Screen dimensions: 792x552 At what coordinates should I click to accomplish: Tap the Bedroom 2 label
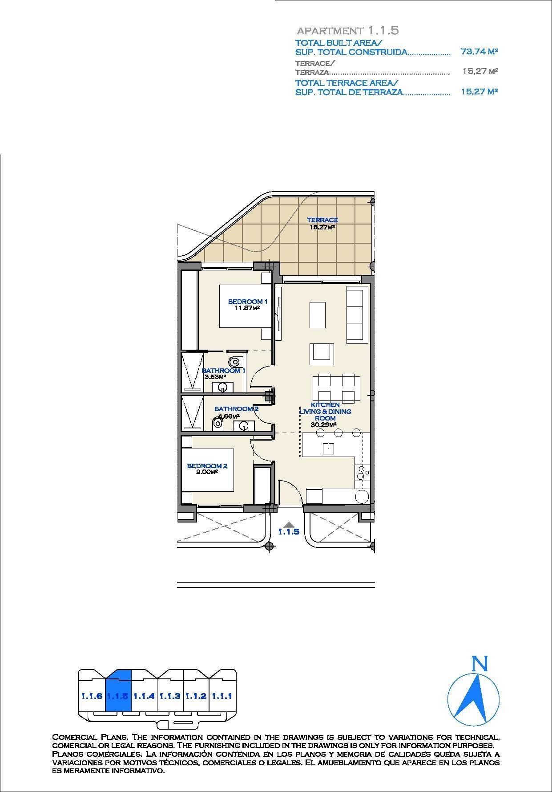(207, 466)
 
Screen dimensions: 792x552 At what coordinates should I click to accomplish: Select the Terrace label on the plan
(322, 220)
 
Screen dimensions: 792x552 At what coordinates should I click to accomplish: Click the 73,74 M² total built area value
(479, 52)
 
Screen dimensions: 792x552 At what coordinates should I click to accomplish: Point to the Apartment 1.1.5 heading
(347, 30)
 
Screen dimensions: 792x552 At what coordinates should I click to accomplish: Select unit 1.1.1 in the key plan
(222, 696)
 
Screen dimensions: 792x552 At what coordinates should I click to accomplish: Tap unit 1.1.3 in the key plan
(169, 696)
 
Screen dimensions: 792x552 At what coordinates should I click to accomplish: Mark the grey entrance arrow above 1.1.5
(289, 524)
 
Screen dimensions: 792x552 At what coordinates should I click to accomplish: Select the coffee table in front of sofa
(317, 314)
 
